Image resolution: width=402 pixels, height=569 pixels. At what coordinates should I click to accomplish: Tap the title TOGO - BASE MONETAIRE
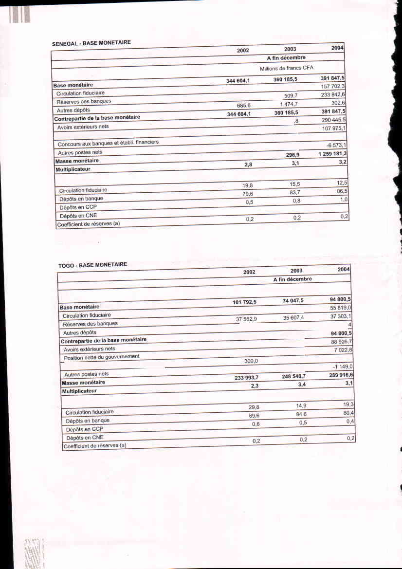92,265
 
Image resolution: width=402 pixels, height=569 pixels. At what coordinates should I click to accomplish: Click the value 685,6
241,105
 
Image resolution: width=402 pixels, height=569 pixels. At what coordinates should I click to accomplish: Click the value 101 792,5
244,302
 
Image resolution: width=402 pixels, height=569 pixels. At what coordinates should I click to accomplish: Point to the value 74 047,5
293,301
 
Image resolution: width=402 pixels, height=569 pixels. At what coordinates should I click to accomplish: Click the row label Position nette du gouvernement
102,357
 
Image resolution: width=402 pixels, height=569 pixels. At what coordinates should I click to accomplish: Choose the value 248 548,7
293,376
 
